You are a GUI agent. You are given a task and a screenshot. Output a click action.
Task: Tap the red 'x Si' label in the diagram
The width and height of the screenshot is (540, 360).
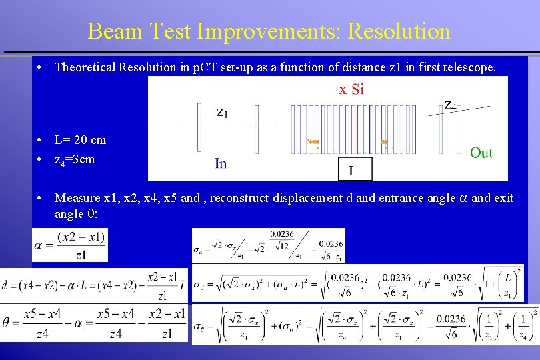pos(351,89)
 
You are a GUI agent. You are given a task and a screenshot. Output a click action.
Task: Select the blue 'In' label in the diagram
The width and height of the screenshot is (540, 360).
pos(221,163)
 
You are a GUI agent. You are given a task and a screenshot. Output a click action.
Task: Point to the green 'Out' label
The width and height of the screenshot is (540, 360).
pos(481,153)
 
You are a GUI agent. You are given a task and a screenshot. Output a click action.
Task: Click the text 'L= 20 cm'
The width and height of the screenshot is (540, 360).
pos(80,140)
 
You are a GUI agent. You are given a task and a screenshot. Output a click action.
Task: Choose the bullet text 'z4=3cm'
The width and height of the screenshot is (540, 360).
pos(75,160)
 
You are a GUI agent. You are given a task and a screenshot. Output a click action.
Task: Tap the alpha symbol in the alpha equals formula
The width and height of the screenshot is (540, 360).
pos(39,245)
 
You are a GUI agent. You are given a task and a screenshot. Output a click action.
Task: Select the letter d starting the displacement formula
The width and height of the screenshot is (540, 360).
pos(6,285)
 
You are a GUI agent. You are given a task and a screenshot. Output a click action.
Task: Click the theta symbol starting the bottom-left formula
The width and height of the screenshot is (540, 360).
pos(7,323)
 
